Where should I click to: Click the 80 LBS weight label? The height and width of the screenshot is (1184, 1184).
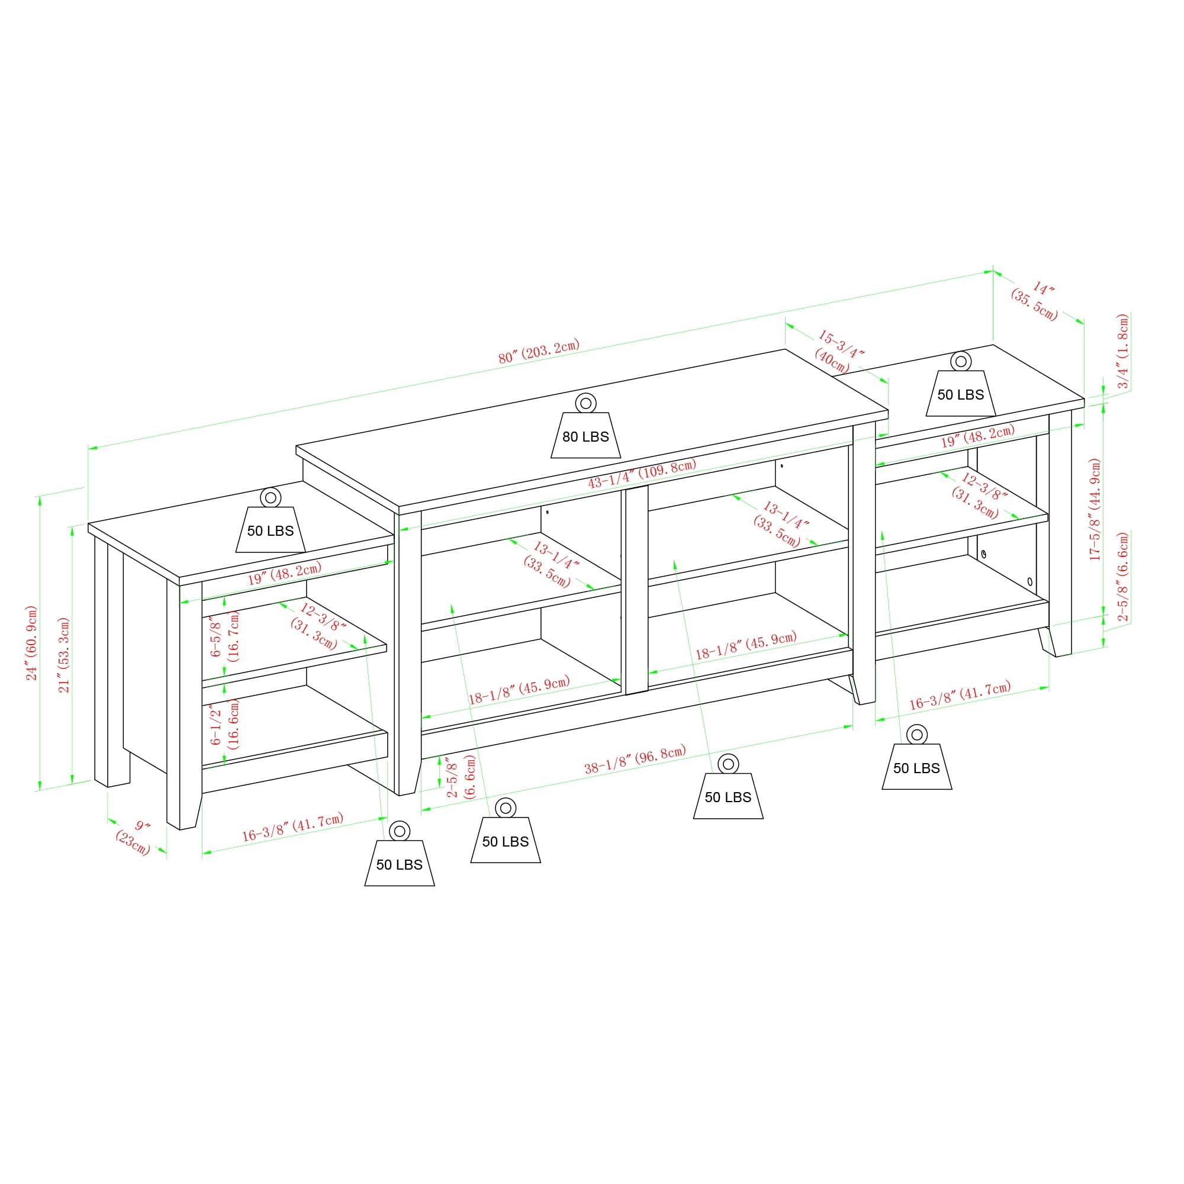pyautogui.click(x=585, y=436)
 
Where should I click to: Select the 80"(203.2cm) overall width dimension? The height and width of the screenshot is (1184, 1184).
pyautogui.click(x=539, y=351)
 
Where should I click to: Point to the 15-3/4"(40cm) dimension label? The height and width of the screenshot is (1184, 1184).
pyautogui.click(x=837, y=351)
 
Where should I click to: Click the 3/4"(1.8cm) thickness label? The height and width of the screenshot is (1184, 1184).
pyautogui.click(x=1122, y=351)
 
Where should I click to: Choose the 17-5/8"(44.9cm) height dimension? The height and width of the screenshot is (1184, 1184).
pyautogui.click(x=1095, y=509)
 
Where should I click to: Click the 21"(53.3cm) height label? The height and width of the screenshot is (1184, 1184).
pyautogui.click(x=64, y=655)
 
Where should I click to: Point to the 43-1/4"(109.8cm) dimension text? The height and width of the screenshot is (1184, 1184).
pyautogui.click(x=642, y=473)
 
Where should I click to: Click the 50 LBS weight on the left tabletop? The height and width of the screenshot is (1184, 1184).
pyautogui.click(x=271, y=530)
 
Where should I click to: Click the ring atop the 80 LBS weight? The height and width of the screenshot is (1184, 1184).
pyautogui.click(x=585, y=403)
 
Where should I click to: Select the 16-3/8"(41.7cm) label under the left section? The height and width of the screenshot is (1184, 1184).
pyautogui.click(x=292, y=826)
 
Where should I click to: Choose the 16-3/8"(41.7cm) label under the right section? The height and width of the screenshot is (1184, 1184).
pyautogui.click(x=960, y=696)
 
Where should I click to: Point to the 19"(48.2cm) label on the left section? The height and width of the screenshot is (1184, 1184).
pyautogui.click(x=284, y=573)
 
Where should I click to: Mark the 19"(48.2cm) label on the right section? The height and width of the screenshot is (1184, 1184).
pyautogui.click(x=977, y=435)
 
